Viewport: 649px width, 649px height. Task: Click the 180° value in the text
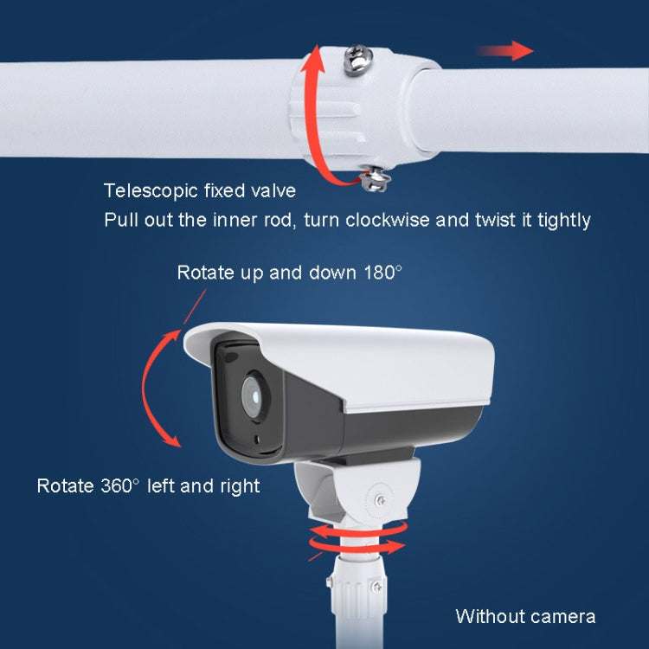pyautogui.click(x=382, y=273)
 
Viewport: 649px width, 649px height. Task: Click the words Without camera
pyautogui.click(x=525, y=616)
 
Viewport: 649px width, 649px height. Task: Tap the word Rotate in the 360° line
pyautogui.click(x=61, y=485)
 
